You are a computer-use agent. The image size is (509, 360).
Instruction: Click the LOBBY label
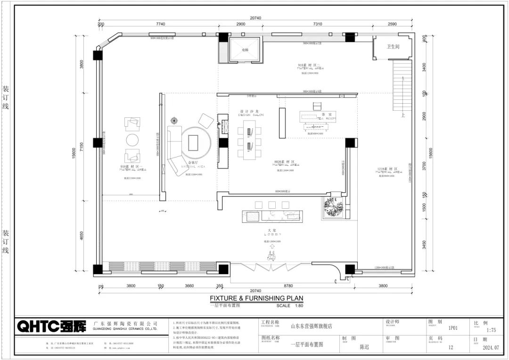pyautogui.click(x=272, y=234)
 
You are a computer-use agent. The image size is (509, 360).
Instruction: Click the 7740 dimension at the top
pyautogui.click(x=160, y=24)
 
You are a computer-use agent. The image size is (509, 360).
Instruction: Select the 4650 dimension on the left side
pyautogui.click(x=81, y=236)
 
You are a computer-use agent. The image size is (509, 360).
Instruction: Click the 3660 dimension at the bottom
pyautogui.click(x=189, y=286)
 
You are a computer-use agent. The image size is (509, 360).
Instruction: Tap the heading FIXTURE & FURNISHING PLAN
pyautogui.click(x=256, y=298)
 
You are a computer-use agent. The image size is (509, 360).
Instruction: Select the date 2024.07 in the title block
pyautogui.click(x=490, y=348)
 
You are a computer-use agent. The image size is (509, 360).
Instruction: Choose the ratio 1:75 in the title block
pyautogui.click(x=491, y=330)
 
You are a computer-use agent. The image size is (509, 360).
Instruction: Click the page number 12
pyautogui.click(x=451, y=347)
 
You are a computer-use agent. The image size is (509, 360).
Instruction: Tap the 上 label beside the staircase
pyautogui.click(x=402, y=115)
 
